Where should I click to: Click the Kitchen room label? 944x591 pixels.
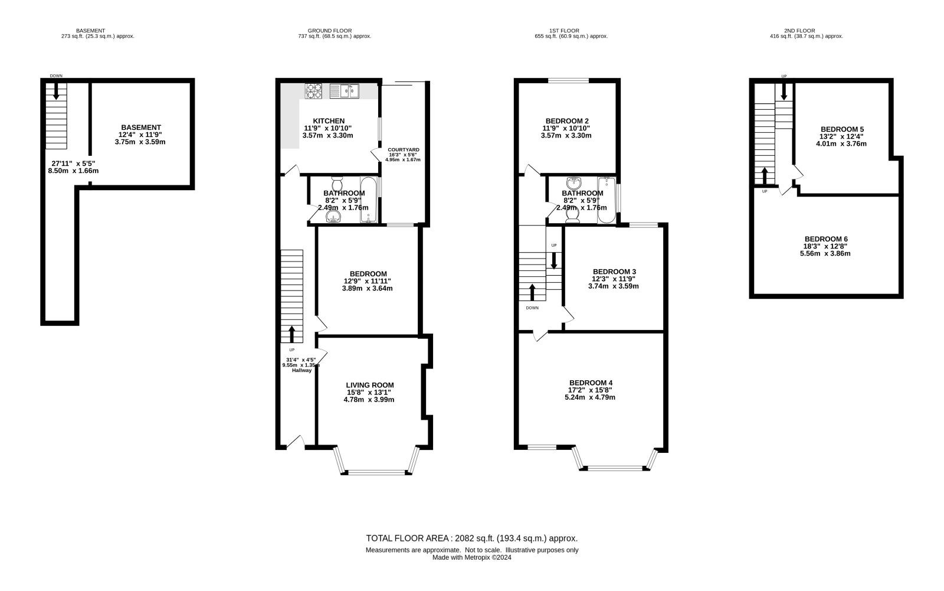329,121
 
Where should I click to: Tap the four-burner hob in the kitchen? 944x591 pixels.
313,91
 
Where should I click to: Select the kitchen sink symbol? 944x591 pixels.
345,91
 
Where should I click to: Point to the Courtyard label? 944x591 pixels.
404,150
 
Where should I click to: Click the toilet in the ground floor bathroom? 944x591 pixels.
337,184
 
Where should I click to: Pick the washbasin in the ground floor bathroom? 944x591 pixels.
333,217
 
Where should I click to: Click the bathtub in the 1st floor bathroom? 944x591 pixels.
607,200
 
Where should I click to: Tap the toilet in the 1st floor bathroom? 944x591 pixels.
572,215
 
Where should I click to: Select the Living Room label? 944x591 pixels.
369,385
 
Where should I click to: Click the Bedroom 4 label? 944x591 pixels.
591,383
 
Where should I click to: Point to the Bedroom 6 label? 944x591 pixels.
826,239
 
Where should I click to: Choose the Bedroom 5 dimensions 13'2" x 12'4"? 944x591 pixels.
841,136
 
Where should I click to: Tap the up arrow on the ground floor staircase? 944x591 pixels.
291,334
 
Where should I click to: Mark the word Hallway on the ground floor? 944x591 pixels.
301,370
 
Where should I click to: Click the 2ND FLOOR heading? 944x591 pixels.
799,31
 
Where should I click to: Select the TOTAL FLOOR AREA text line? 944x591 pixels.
471,538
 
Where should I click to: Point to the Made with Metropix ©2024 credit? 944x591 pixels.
471,558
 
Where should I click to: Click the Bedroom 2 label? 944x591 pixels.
566,121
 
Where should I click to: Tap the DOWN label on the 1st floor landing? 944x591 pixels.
532,308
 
